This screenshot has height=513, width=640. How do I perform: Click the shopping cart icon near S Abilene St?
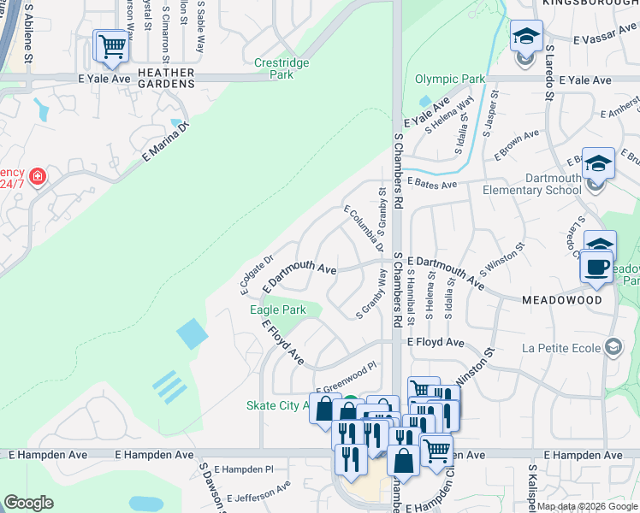click(x=110, y=48)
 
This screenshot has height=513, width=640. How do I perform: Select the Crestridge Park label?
click(x=274, y=68)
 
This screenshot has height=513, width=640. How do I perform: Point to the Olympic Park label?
click(x=450, y=80)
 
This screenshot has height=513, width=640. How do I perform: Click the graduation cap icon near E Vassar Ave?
click(x=526, y=38)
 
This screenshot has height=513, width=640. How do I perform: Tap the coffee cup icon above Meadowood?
click(x=596, y=266)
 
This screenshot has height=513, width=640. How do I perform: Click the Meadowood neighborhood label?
click(x=561, y=300)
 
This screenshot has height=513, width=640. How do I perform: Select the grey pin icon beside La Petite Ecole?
click(x=613, y=346)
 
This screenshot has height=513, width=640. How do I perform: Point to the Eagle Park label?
click(x=277, y=310)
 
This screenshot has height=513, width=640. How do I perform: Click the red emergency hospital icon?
click(x=38, y=177)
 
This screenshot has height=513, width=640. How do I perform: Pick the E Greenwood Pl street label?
click(x=347, y=378)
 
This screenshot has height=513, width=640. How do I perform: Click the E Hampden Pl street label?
click(x=243, y=469)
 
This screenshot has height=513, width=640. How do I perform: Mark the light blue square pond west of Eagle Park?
click(x=193, y=333)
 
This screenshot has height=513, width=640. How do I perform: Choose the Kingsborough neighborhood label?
click(x=590, y=4)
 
